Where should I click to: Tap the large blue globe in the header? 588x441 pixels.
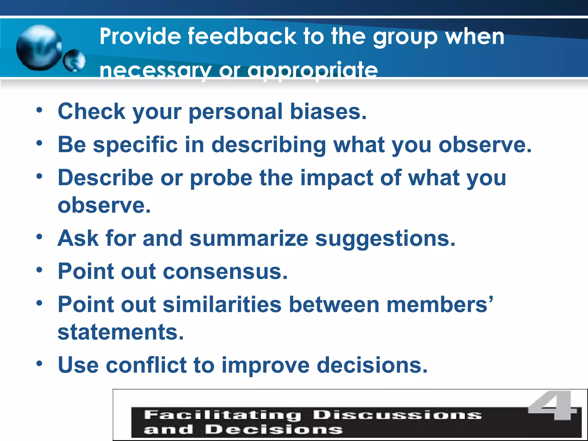click(39, 48)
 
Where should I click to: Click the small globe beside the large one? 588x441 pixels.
click(74, 60)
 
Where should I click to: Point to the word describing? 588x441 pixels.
click(269, 145)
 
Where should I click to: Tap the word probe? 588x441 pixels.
click(221, 178)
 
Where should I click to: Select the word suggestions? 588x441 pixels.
click(385, 239)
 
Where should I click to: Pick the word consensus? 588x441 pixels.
click(225, 271)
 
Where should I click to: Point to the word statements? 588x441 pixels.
click(121, 332)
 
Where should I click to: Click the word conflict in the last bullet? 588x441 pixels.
click(146, 365)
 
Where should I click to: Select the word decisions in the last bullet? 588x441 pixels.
click(372, 365)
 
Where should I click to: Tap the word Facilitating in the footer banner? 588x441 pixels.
click(223, 415)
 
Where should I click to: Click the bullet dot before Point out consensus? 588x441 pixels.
click(39, 270)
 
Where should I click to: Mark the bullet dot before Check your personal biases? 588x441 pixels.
click(39, 110)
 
